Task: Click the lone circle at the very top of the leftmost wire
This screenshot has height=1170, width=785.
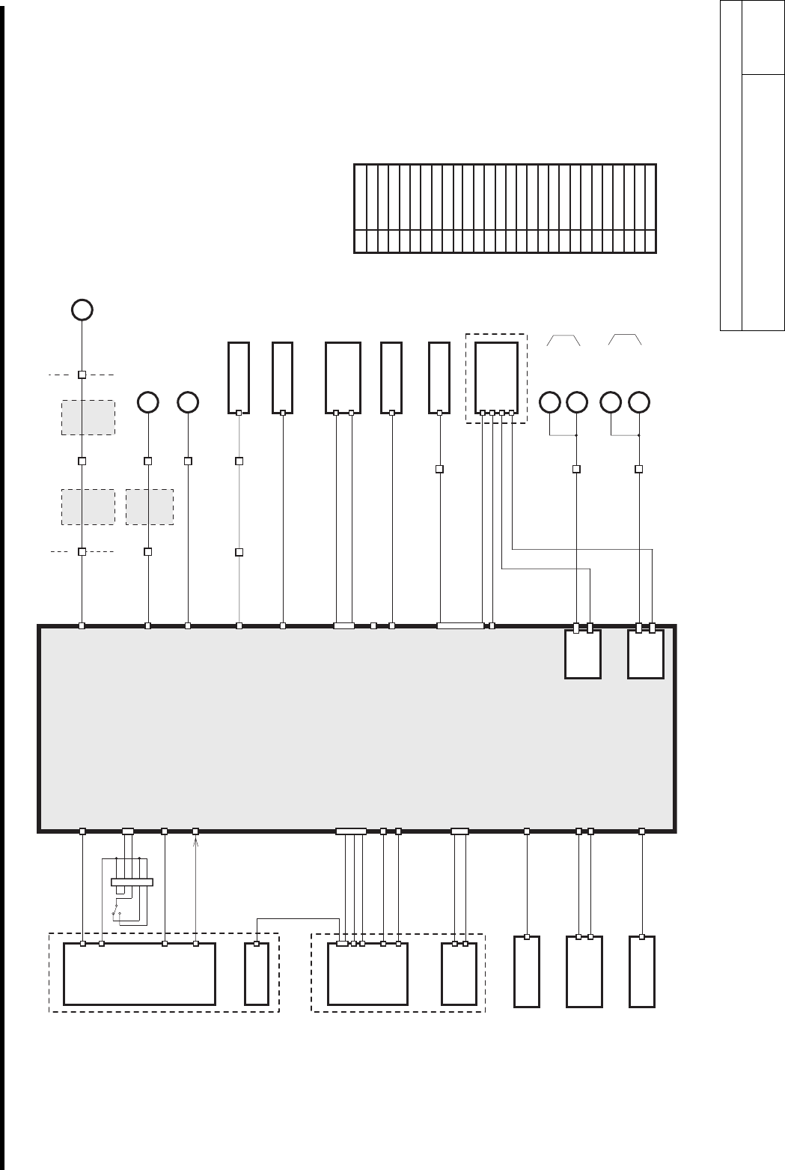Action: coord(82,309)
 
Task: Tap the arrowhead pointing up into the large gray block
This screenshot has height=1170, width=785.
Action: coord(195,843)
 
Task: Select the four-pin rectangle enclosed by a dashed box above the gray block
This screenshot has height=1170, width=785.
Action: coord(496,378)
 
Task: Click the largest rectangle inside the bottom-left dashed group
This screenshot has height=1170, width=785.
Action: coord(139,974)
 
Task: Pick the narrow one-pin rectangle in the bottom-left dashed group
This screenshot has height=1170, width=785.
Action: coord(257,974)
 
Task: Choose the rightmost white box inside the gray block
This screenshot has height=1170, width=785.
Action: coord(645,654)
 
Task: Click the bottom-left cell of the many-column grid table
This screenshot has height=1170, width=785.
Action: coord(360,241)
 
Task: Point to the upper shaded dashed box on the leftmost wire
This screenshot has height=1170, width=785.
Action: coord(88,417)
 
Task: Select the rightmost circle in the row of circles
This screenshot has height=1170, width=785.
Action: coord(638,402)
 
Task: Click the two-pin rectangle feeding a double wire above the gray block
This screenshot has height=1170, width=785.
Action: coord(343,378)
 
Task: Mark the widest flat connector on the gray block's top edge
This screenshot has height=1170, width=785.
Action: coord(460,625)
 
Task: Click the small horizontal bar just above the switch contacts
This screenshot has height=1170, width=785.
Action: coord(132,882)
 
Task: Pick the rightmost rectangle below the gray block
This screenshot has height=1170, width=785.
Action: coord(641,971)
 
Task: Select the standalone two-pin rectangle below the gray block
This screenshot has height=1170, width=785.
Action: coord(584,971)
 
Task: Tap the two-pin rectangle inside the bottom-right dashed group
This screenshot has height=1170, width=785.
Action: coord(459,974)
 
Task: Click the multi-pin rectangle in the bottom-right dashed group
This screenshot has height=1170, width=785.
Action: coord(368,974)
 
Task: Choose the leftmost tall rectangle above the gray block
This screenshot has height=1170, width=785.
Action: coord(239,378)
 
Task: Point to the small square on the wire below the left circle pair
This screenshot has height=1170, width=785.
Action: coord(576,469)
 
